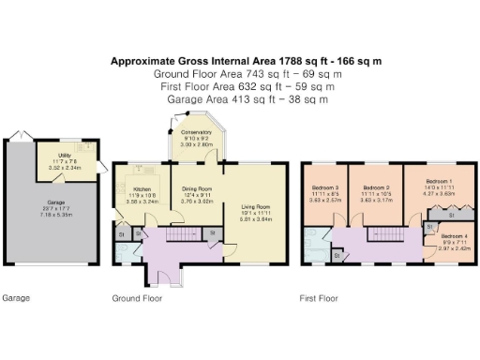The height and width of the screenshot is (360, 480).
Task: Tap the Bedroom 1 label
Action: [438, 179]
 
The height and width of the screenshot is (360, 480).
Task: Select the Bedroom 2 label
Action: [375, 187]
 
